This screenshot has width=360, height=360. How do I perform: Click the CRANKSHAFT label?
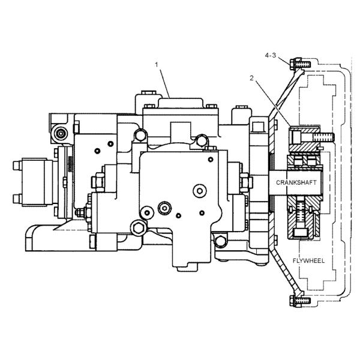pos(296,182)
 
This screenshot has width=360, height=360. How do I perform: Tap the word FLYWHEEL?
pos(308,261)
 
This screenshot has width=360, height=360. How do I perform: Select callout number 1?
pos(157,65)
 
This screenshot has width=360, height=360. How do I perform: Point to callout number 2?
pos(251,78)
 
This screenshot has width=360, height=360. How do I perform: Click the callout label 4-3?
pos(271,55)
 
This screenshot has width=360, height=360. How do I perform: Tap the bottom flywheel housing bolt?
pos(300,301)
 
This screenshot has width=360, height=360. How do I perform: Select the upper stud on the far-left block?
pos(17,166)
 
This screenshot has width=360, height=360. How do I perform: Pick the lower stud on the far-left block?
pos(17,199)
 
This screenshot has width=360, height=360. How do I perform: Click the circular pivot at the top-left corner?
pos(61,133)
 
